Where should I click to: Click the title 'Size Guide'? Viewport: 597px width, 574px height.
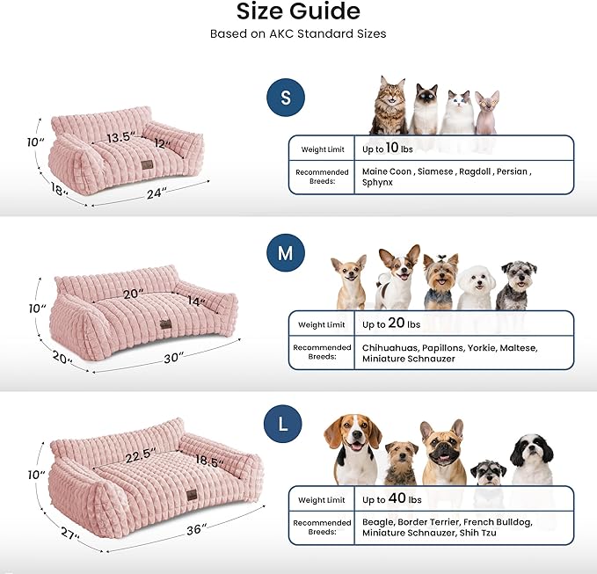coord(298,11)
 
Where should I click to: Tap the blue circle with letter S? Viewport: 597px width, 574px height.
coord(285,98)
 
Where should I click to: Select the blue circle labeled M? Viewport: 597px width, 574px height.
coord(285,254)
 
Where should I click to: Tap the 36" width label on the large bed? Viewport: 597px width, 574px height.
coord(195,529)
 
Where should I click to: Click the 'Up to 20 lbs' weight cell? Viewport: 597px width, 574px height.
coord(392,323)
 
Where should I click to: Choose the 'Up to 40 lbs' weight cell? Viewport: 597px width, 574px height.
coord(392,499)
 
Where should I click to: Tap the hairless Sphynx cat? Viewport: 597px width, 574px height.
coord(486,112)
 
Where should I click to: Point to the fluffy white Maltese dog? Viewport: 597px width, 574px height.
coord(476,283)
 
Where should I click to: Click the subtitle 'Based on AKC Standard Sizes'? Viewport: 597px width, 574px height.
coord(298,34)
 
